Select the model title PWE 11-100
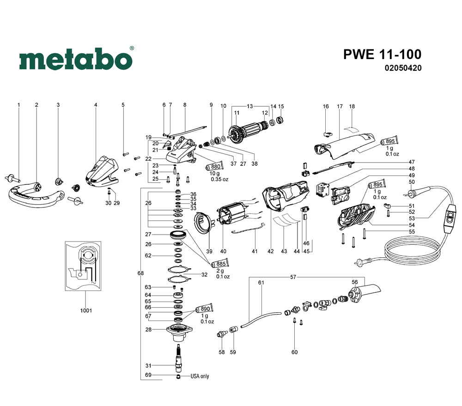382,54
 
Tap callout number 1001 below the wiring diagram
85,310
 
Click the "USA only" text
200,376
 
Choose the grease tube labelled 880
215,167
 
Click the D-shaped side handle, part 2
35,194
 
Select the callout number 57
293,277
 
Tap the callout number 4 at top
96,105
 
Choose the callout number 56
355,282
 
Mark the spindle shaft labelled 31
178,358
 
